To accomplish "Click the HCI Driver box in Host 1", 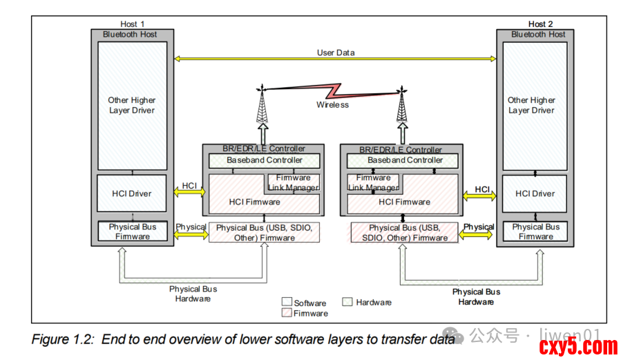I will pos(131,194).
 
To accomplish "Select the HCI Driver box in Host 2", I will pos(535,194).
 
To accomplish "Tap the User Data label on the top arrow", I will pos(336,53).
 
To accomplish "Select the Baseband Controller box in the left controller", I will pos(265,160).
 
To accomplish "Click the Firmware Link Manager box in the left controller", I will pos(293,182).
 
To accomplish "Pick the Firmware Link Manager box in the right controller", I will pos(374,182).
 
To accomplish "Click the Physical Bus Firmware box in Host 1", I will pos(133,231).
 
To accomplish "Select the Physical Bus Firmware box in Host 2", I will pos(535,231).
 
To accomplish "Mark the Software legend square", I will pos(287,302).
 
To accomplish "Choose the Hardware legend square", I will pos(348,302).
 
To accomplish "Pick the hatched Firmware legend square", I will pos(287,313).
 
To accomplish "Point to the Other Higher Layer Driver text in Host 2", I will pos(531,105).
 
